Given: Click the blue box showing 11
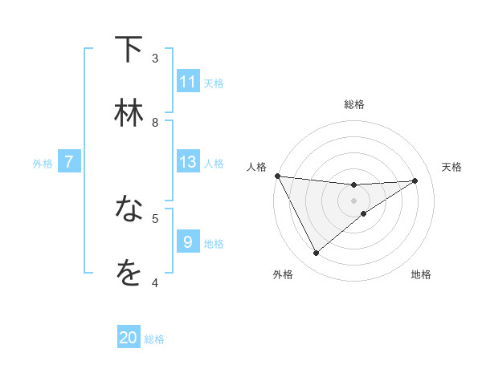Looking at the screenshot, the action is (x=188, y=82).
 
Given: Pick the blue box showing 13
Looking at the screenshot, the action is (x=188, y=162).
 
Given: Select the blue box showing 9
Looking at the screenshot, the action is (x=188, y=242).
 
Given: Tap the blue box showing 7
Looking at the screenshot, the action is (x=69, y=162).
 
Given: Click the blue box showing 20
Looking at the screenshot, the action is (x=129, y=338).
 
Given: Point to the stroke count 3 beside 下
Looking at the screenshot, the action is (x=155, y=58).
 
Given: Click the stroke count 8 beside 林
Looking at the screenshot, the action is (x=155, y=122).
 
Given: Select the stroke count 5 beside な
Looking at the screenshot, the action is (x=155, y=217).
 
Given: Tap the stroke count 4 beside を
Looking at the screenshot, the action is (x=155, y=282).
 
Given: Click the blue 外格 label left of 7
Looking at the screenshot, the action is (x=43, y=163).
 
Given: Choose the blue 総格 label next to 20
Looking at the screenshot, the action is (x=154, y=338).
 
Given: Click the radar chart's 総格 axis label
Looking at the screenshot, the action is (x=354, y=104).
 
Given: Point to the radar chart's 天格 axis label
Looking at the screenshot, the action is (x=452, y=167).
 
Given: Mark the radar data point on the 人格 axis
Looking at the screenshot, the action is (x=277, y=176).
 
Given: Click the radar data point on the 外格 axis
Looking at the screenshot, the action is (x=316, y=253).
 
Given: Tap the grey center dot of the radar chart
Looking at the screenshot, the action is (x=354, y=200).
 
